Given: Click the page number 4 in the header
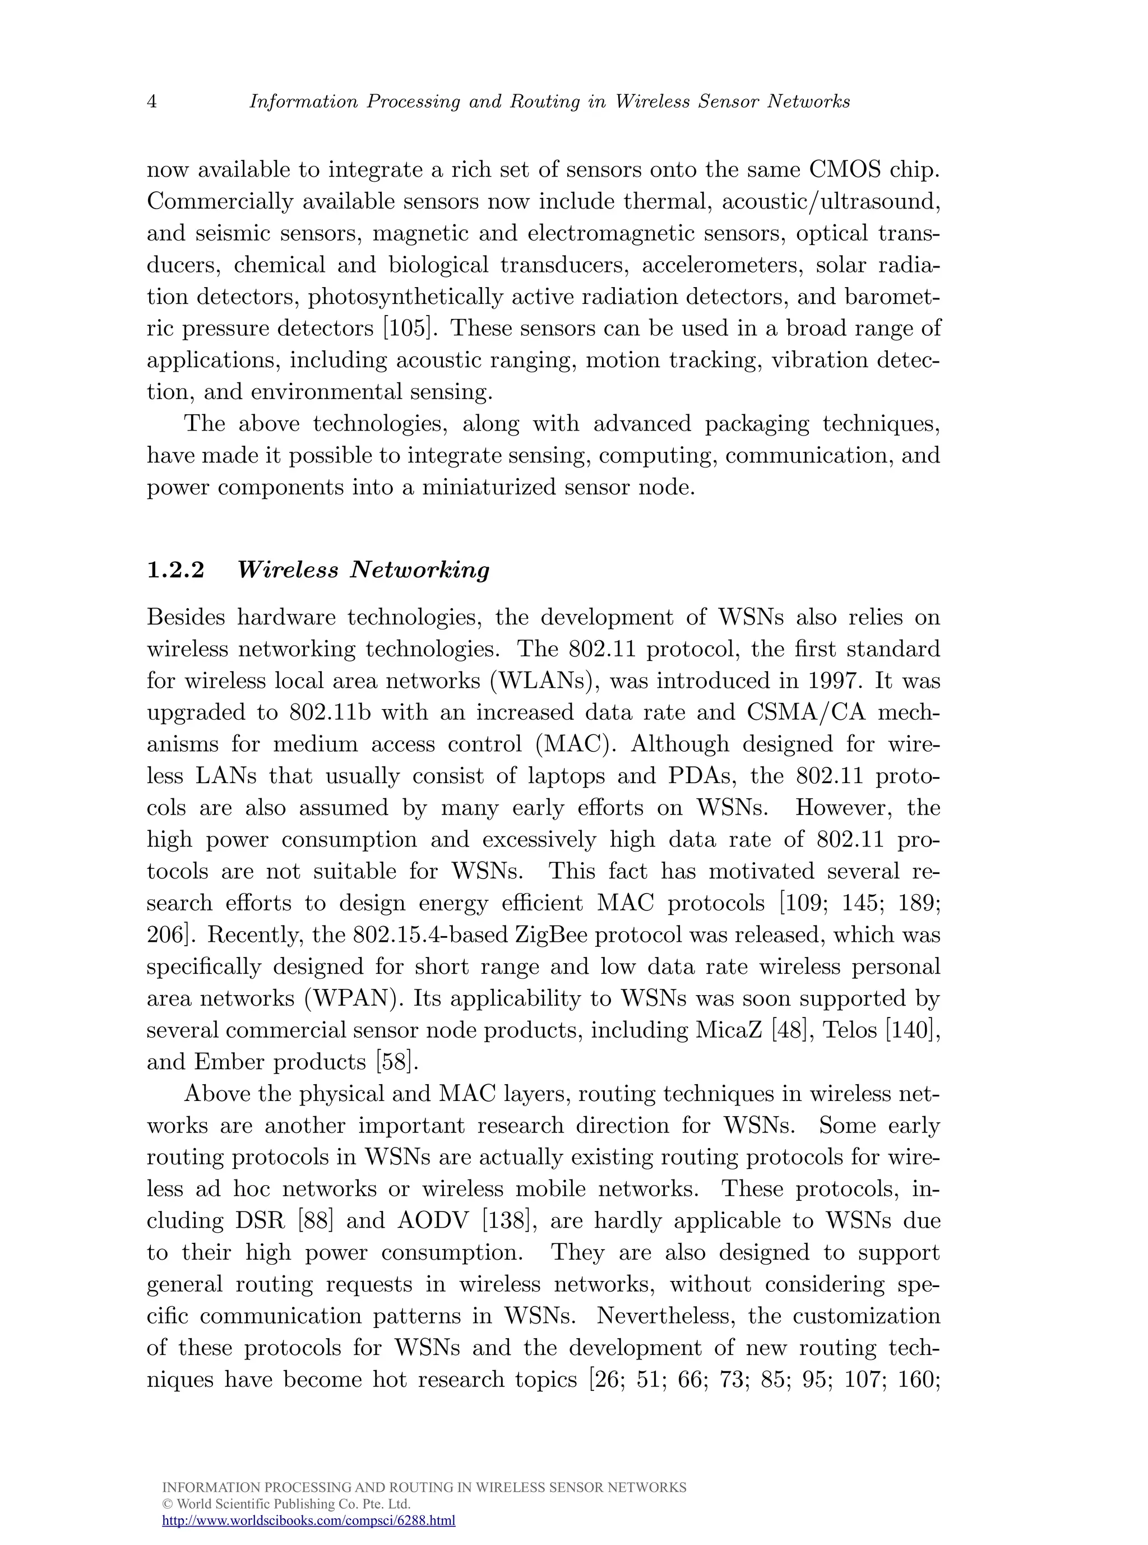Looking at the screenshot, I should [151, 102].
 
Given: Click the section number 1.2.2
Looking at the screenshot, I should [176, 570].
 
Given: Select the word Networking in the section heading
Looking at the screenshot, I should [420, 570].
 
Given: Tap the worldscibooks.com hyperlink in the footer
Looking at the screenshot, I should [308, 1520].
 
